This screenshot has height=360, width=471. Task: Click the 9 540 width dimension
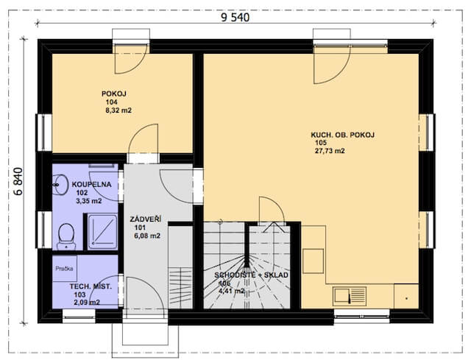pyautogui.click(x=235, y=18)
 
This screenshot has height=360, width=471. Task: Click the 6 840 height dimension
pyautogui.click(x=18, y=181)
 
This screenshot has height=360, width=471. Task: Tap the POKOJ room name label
pyautogui.click(x=114, y=93)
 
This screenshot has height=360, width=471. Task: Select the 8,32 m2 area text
pyautogui.click(x=118, y=110)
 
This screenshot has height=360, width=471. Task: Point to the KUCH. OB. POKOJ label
pyautogui.click(x=342, y=135)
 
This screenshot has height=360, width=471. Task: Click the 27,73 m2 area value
pyautogui.click(x=330, y=151)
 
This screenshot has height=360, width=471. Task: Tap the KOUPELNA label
pyautogui.click(x=91, y=185)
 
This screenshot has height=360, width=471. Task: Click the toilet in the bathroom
pyautogui.click(x=66, y=236)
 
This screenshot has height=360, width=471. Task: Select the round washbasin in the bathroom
pyautogui.click(x=61, y=183)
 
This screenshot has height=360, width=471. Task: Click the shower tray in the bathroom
pyautogui.click(x=102, y=231)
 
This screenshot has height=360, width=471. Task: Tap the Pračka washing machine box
pyautogui.click(x=65, y=269)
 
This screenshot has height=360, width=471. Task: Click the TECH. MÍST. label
pyautogui.click(x=91, y=286)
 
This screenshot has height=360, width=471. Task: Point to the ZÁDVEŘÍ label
pyautogui.click(x=146, y=219)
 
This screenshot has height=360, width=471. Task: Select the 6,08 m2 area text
pyautogui.click(x=147, y=236)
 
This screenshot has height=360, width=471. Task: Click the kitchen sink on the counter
pyautogui.click(x=350, y=296)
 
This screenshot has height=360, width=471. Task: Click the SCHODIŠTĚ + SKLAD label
pyautogui.click(x=251, y=275)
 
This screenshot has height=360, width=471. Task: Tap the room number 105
pyautogui.click(x=321, y=143)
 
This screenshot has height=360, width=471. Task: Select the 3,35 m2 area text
pyautogui.click(x=89, y=201)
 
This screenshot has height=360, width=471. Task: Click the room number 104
pyautogui.click(x=111, y=102)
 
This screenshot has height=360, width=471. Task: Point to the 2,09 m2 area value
pyautogui.click(x=87, y=303)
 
